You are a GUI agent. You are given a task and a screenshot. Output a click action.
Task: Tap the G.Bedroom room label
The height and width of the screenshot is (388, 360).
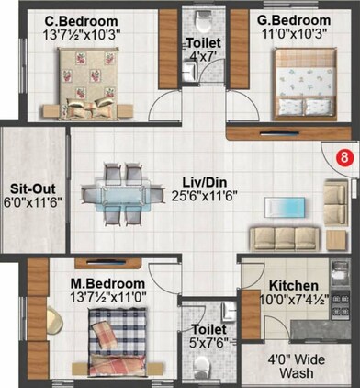[x=293, y=20]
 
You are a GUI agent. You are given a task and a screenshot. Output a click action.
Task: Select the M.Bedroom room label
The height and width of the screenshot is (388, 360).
[x=108, y=282]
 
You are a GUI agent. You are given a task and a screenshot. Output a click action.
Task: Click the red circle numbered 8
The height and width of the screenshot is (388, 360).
[x=343, y=157]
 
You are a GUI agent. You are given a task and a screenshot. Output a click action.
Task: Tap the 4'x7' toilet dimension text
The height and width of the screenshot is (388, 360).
[x=202, y=58]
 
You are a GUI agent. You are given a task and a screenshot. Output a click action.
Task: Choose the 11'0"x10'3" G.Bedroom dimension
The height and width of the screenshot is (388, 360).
[x=293, y=35]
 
